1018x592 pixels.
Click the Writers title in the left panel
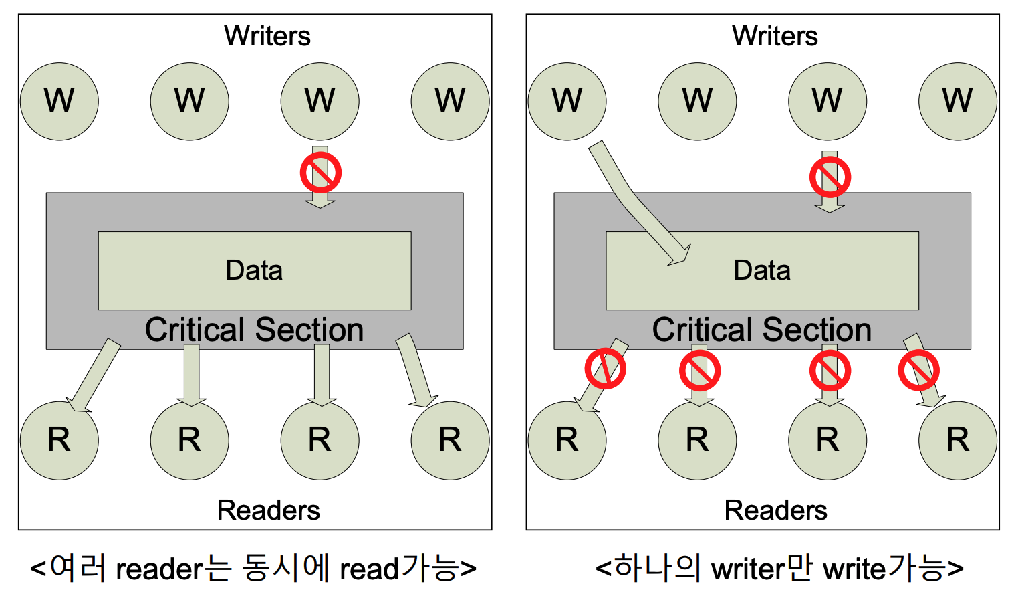pos(267,36)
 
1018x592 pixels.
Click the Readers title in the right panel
pos(775,510)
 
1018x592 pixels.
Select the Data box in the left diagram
pos(254,271)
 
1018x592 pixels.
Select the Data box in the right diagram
pos(762,271)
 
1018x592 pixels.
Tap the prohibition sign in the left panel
pos(321,173)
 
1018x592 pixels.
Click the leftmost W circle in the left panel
pos(59,102)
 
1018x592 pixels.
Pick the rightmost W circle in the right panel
pos(957,102)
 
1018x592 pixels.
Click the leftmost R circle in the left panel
pos(59,440)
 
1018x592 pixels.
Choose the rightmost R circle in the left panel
pos(450,440)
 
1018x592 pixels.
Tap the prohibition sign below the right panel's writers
pos(830,177)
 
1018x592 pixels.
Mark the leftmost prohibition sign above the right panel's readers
pos(605,368)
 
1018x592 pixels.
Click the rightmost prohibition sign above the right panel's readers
pos(918,370)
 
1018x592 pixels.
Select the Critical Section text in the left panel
pos(254,330)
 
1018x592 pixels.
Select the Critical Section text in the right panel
pos(762,330)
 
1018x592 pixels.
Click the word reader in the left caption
pos(159,569)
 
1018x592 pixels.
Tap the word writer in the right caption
pos(749,569)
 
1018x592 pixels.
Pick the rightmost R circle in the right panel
pos(957,440)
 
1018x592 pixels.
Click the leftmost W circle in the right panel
pos(567,102)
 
